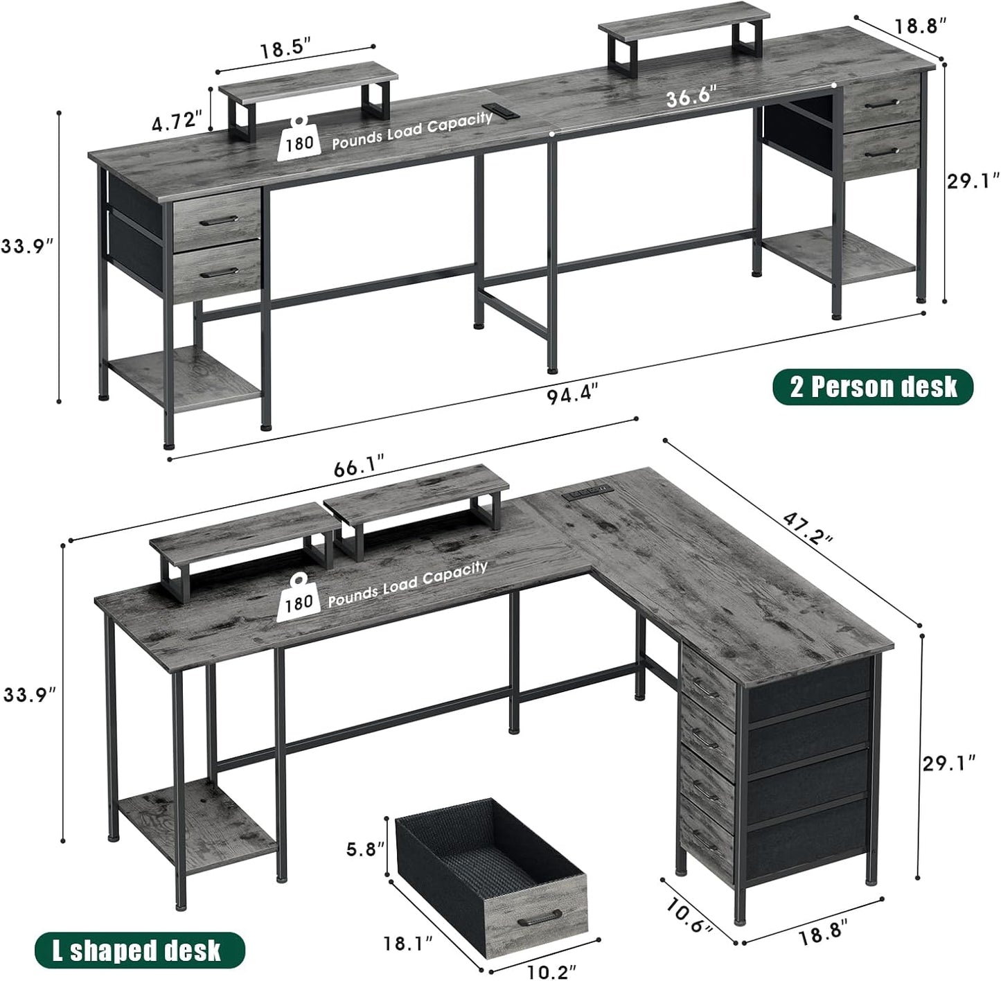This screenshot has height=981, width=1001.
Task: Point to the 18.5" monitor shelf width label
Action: (285, 51)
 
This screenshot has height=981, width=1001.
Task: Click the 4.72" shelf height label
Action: (177, 121)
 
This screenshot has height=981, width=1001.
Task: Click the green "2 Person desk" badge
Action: (873, 387)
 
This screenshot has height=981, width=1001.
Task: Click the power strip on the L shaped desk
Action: (586, 491)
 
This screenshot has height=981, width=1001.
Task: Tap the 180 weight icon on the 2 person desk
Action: (299, 136)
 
